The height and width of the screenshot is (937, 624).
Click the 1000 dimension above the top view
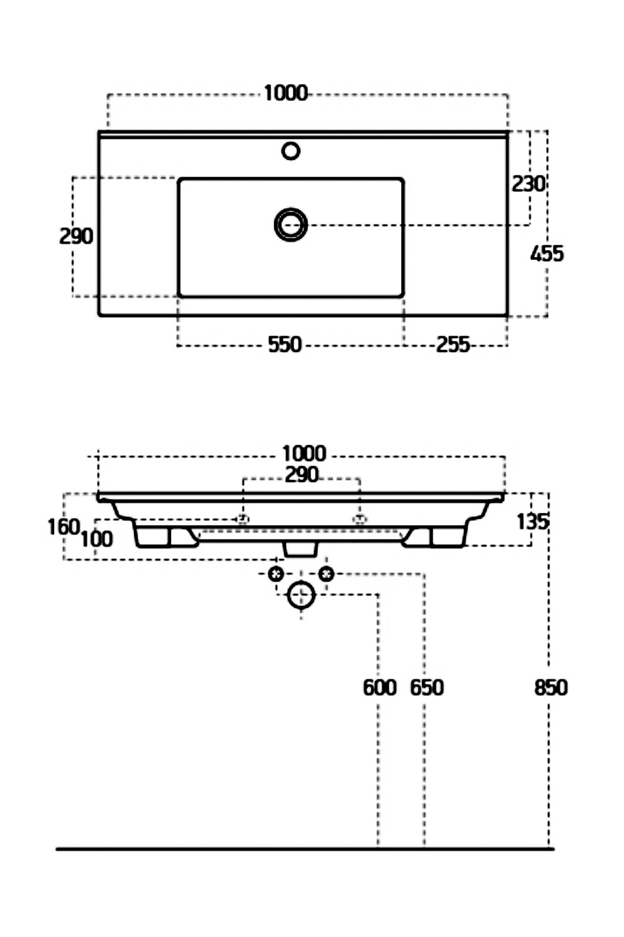click(285, 94)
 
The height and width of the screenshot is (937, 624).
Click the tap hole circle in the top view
click(291, 151)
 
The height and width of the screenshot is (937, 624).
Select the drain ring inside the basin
click(291, 225)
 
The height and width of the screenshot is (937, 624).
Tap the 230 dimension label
click(528, 184)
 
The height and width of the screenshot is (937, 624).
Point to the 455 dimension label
click(547, 254)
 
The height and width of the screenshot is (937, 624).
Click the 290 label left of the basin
click(76, 236)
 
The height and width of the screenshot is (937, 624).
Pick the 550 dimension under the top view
click(284, 345)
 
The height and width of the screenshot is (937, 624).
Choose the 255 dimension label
click(452, 345)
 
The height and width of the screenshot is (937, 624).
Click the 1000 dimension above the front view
click(304, 454)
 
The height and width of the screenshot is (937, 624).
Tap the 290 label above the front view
click(301, 474)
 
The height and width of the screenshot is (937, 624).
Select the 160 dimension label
click(63, 527)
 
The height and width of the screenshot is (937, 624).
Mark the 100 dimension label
click(97, 539)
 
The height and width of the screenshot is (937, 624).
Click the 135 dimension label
click(532, 522)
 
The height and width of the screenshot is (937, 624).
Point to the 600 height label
click(379, 688)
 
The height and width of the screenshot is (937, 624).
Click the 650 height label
click(426, 688)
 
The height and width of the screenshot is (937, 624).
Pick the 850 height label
click(551, 688)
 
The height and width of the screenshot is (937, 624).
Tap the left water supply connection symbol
click(276, 574)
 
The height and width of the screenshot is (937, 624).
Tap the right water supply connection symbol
click(326, 574)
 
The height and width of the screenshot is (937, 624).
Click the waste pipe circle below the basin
click(301, 594)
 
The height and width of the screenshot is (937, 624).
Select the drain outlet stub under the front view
click(301, 550)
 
